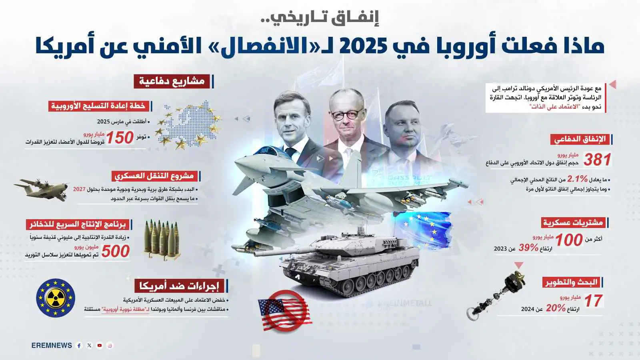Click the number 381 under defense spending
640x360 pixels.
[597, 160]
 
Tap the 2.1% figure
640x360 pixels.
[577, 179]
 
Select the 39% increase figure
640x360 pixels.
[528, 248]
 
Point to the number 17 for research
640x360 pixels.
[593, 301]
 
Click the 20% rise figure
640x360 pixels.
[556, 308]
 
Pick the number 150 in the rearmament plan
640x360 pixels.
[120, 138]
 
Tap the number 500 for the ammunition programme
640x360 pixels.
[115, 251]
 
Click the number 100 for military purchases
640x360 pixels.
[568, 240]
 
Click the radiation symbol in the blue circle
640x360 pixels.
[56, 298]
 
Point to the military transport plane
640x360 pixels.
[42, 189]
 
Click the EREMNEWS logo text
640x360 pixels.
[52, 346]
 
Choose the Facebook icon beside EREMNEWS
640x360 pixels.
[79, 346]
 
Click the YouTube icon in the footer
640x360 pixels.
[100, 346]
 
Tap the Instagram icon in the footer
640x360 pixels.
[110, 346]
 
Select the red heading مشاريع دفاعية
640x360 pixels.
[172, 81]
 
